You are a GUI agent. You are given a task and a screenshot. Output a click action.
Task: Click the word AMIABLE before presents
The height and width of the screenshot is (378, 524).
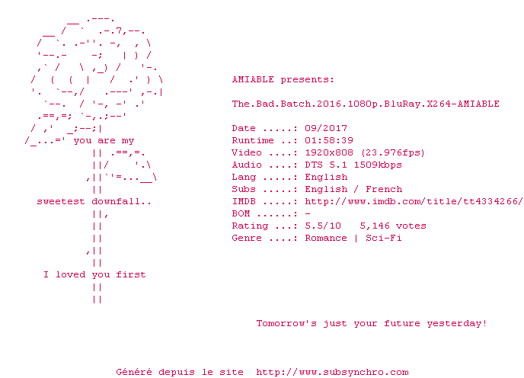[x=253, y=79]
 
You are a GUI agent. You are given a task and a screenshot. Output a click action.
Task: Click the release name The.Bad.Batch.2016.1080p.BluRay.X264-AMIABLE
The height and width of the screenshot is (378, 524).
[x=366, y=104]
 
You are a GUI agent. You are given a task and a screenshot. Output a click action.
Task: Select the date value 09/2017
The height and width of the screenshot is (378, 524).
[x=326, y=128]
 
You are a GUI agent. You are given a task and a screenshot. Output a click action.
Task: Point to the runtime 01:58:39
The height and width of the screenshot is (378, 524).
[x=329, y=140]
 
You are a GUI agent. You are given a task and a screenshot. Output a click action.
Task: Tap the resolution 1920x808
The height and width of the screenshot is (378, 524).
[x=329, y=152]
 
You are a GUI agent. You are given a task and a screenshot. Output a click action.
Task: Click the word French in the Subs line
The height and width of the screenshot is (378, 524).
[x=384, y=189]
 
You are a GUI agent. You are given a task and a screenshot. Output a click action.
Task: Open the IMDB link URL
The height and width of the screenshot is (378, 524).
[x=414, y=201]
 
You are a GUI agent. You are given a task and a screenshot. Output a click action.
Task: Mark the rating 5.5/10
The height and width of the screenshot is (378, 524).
[x=323, y=226]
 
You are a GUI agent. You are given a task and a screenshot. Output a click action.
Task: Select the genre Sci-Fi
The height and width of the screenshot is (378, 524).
[x=384, y=238]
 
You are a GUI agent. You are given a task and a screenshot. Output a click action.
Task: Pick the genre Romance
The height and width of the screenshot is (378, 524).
[x=326, y=238]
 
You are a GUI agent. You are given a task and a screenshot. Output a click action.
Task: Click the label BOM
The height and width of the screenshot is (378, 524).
[x=241, y=213]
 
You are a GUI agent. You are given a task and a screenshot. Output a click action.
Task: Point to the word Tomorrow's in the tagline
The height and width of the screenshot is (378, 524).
[x=286, y=323]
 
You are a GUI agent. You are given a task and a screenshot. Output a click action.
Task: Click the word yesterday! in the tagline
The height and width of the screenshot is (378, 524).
[x=456, y=324]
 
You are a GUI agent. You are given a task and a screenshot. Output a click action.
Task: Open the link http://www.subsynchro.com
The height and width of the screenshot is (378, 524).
[x=332, y=373]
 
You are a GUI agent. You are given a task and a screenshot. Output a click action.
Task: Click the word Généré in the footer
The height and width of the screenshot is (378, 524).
[x=134, y=372]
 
